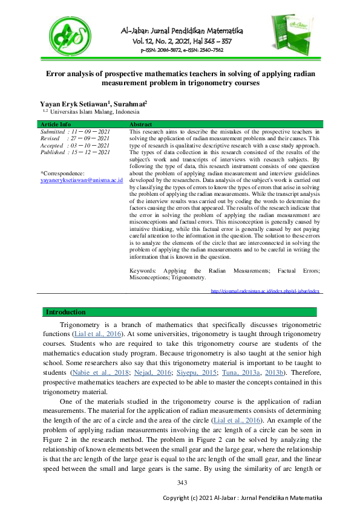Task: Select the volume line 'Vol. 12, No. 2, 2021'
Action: [x=163, y=41]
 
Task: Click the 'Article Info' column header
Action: [x=56, y=124]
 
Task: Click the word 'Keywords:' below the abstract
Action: [x=142, y=271]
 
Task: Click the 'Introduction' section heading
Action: [x=66, y=312]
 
